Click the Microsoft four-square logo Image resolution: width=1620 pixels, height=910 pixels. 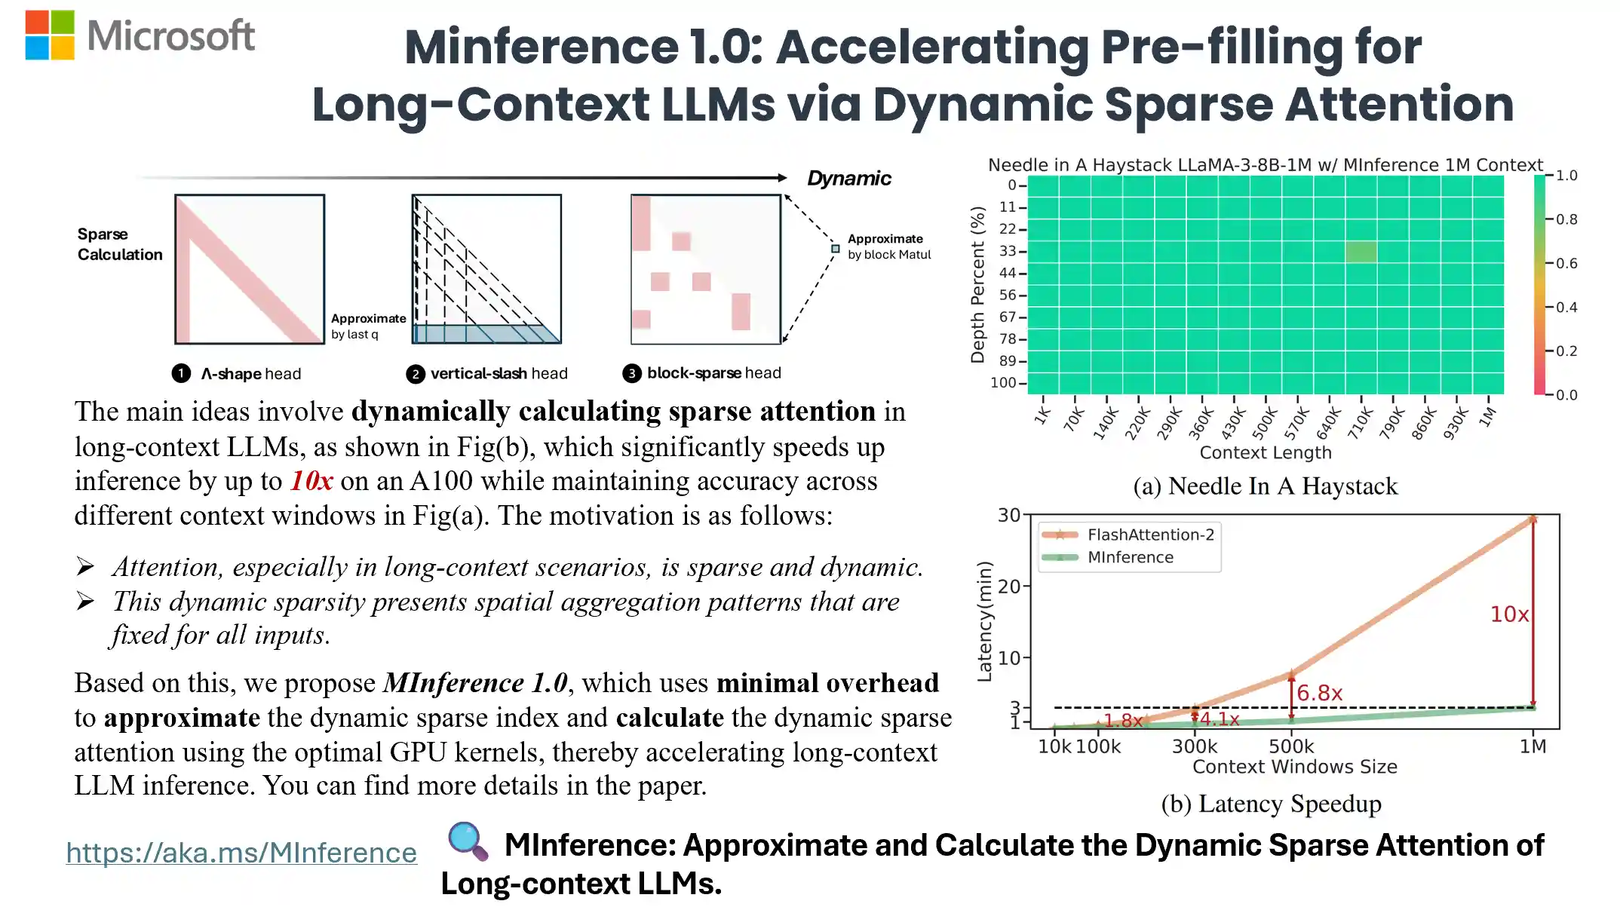click(x=50, y=35)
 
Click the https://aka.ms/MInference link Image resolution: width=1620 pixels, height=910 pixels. click(x=241, y=853)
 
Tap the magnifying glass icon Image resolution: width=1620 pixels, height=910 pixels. click(x=468, y=841)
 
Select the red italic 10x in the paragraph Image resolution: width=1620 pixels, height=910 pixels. click(x=311, y=481)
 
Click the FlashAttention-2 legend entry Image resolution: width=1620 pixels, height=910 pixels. click(x=1149, y=535)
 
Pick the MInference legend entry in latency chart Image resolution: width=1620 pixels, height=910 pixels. click(x=1130, y=557)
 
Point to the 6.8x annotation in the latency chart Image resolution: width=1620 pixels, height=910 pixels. click(x=1319, y=693)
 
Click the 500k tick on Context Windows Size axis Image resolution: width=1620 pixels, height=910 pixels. click(x=1290, y=746)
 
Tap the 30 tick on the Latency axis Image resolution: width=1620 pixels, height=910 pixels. click(x=1008, y=515)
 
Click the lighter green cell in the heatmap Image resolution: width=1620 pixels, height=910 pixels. click(x=1361, y=251)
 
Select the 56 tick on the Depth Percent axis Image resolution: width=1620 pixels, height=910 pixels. click(x=1008, y=295)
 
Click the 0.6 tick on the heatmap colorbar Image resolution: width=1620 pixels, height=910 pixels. click(x=1566, y=263)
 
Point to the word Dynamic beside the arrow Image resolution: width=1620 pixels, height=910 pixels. click(x=848, y=179)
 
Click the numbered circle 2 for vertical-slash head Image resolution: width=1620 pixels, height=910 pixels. click(x=416, y=374)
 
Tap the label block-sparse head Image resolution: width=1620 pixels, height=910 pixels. click(x=713, y=373)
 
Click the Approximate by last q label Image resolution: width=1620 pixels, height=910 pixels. click(x=367, y=326)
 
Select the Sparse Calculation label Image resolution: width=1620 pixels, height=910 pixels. click(x=119, y=244)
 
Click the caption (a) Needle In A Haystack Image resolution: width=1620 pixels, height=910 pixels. click(x=1265, y=486)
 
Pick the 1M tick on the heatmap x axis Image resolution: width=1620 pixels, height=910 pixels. click(x=1487, y=417)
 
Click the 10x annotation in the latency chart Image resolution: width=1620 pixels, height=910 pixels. click(x=1508, y=614)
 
